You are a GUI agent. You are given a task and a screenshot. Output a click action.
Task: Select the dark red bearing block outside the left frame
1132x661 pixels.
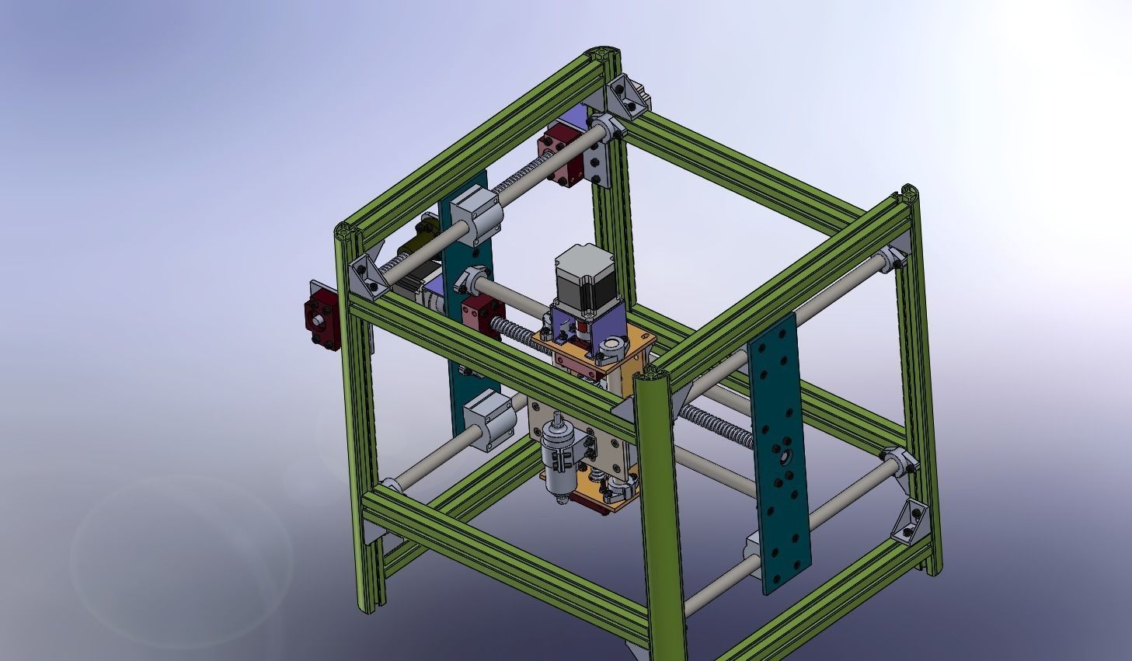click(x=320, y=315)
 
